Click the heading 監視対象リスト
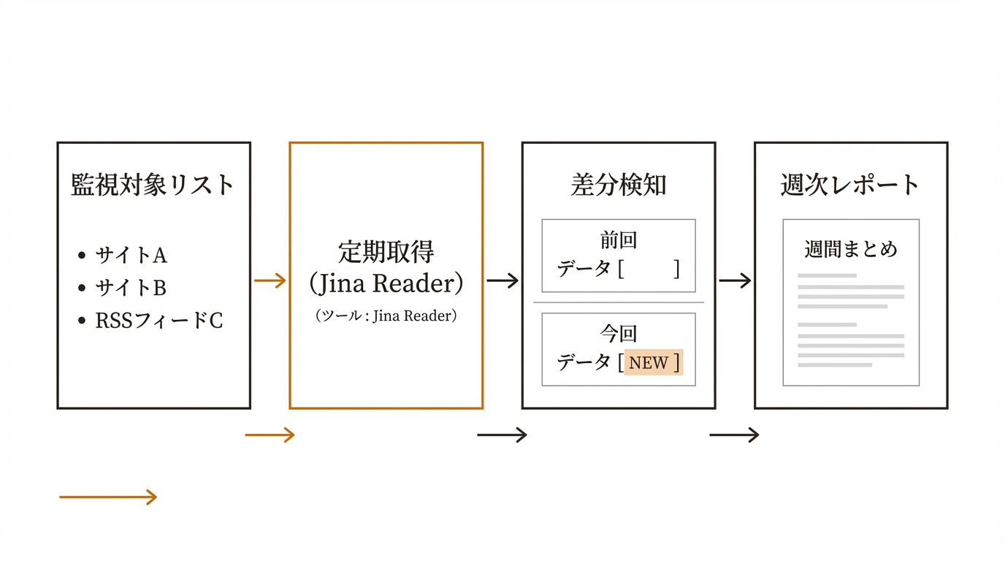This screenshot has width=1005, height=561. coord(153,185)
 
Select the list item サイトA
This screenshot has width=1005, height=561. coord(131,256)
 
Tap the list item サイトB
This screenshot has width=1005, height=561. coord(131,289)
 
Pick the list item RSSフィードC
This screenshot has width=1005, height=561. coord(158,321)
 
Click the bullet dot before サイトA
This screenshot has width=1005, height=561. coord(82,256)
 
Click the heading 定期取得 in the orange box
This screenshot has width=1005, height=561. coord(386,252)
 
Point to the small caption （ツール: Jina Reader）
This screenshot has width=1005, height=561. coord(386,316)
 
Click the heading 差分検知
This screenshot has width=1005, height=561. coord(618,185)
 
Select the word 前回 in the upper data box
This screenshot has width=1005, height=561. coord(618,240)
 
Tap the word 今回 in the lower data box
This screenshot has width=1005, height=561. coord(618,334)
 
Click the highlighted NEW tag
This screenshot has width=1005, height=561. coord(650,362)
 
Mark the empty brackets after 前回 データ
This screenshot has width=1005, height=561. coord(649,269)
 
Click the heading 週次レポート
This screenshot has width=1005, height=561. coord(850,185)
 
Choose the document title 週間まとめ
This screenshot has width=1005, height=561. coord(850,249)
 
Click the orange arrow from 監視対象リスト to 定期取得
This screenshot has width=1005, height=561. coord(270,280)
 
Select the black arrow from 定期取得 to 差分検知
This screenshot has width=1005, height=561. coord(502,280)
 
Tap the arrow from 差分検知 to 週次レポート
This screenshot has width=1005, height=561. coord(735,280)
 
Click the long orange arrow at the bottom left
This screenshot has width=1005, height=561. coord(108,497)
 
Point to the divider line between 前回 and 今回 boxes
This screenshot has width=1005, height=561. coord(618,302)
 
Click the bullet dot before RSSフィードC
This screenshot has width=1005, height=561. coord(82,321)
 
